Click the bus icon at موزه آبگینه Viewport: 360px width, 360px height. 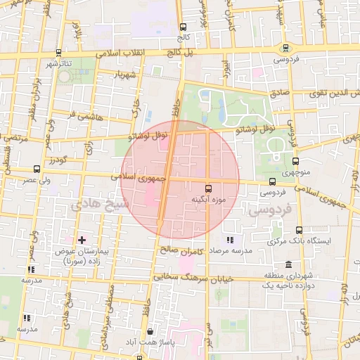click(x=208, y=188)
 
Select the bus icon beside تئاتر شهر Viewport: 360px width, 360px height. click(x=58, y=53)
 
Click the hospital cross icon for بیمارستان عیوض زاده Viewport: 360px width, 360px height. click(x=82, y=240)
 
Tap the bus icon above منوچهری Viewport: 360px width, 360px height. click(x=295, y=160)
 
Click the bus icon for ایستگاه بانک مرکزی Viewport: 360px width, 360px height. click(x=299, y=230)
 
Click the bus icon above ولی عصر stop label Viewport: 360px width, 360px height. click(x=37, y=169)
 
